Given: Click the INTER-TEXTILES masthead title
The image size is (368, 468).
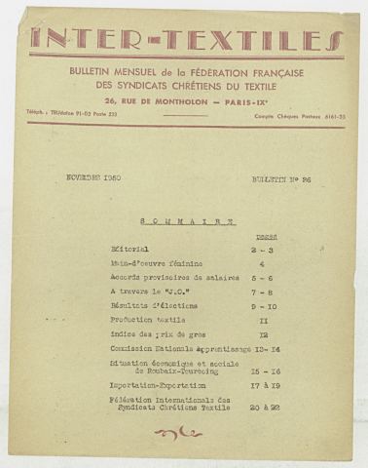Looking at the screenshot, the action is coord(185,40).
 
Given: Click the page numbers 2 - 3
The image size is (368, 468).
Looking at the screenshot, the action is coord(266,250).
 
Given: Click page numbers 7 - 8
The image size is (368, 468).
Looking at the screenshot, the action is coord(266,292).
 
